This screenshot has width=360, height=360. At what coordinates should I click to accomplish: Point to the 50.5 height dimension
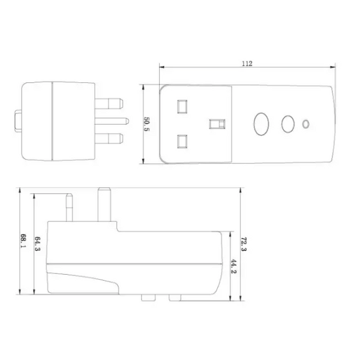[x=146, y=125]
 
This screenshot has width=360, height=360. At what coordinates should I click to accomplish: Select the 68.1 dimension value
[x=22, y=241]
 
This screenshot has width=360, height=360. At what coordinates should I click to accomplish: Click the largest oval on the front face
[x=261, y=124]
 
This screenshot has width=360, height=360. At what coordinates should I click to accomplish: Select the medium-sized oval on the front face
[x=288, y=124]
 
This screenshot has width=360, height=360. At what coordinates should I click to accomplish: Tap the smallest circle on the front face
[x=307, y=125]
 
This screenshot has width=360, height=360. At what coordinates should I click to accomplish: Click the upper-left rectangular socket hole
[x=181, y=106]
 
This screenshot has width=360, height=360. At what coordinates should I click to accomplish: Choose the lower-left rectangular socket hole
[x=181, y=143]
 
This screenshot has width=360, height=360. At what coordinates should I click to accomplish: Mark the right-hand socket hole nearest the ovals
[x=215, y=124]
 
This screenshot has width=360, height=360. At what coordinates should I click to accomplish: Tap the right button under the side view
[x=175, y=297]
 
